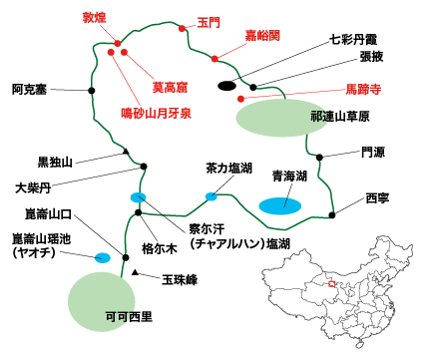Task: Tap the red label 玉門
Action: point(209,21)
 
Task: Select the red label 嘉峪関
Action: point(262,36)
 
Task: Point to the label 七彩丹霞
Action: point(354,42)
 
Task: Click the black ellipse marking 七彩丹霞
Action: point(228,86)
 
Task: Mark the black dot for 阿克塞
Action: point(92,91)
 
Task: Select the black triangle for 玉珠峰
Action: point(135,271)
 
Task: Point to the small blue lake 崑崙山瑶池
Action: point(102,258)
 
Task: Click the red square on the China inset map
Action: point(331,283)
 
